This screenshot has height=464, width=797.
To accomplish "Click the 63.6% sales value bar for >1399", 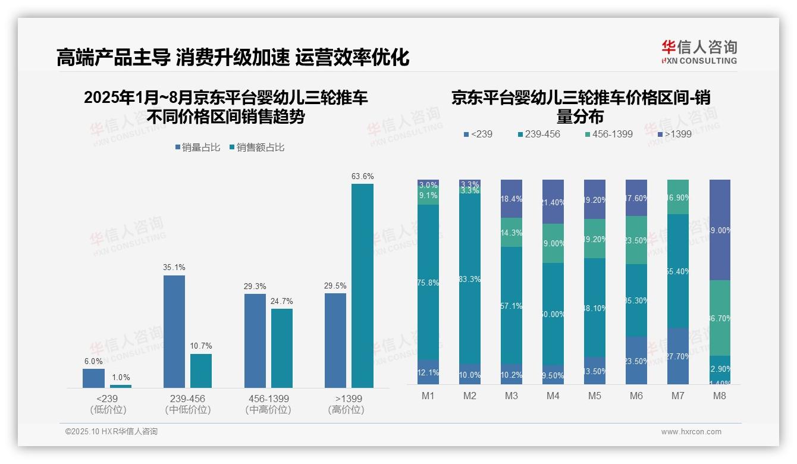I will pos(362,286).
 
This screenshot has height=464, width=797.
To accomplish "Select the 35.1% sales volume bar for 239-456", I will pos(174,331).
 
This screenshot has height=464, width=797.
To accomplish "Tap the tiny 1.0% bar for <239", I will pos(120,386).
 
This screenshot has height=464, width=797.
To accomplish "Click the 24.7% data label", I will pos(282,302).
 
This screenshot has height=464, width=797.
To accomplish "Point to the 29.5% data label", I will pos(335,286).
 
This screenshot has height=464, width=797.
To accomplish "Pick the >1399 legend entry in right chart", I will pos(674,134).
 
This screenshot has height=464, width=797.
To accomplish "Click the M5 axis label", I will pos(595,396).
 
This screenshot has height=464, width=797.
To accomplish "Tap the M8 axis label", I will pos(719,396).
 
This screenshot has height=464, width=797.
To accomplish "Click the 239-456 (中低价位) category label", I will pos(187,404).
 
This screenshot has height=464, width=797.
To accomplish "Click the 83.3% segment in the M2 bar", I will pos(470,280).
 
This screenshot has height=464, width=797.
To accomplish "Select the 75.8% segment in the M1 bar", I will pos(428,283).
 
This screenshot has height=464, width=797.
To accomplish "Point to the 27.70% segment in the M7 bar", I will pos(678,356).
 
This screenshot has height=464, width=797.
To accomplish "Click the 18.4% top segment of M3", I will pos(512,199).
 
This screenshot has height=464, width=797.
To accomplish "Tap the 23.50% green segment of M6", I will pos(636,240).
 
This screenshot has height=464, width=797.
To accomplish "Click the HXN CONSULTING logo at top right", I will pos(699,52).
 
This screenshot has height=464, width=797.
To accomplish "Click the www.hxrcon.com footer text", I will pos(691,432).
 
